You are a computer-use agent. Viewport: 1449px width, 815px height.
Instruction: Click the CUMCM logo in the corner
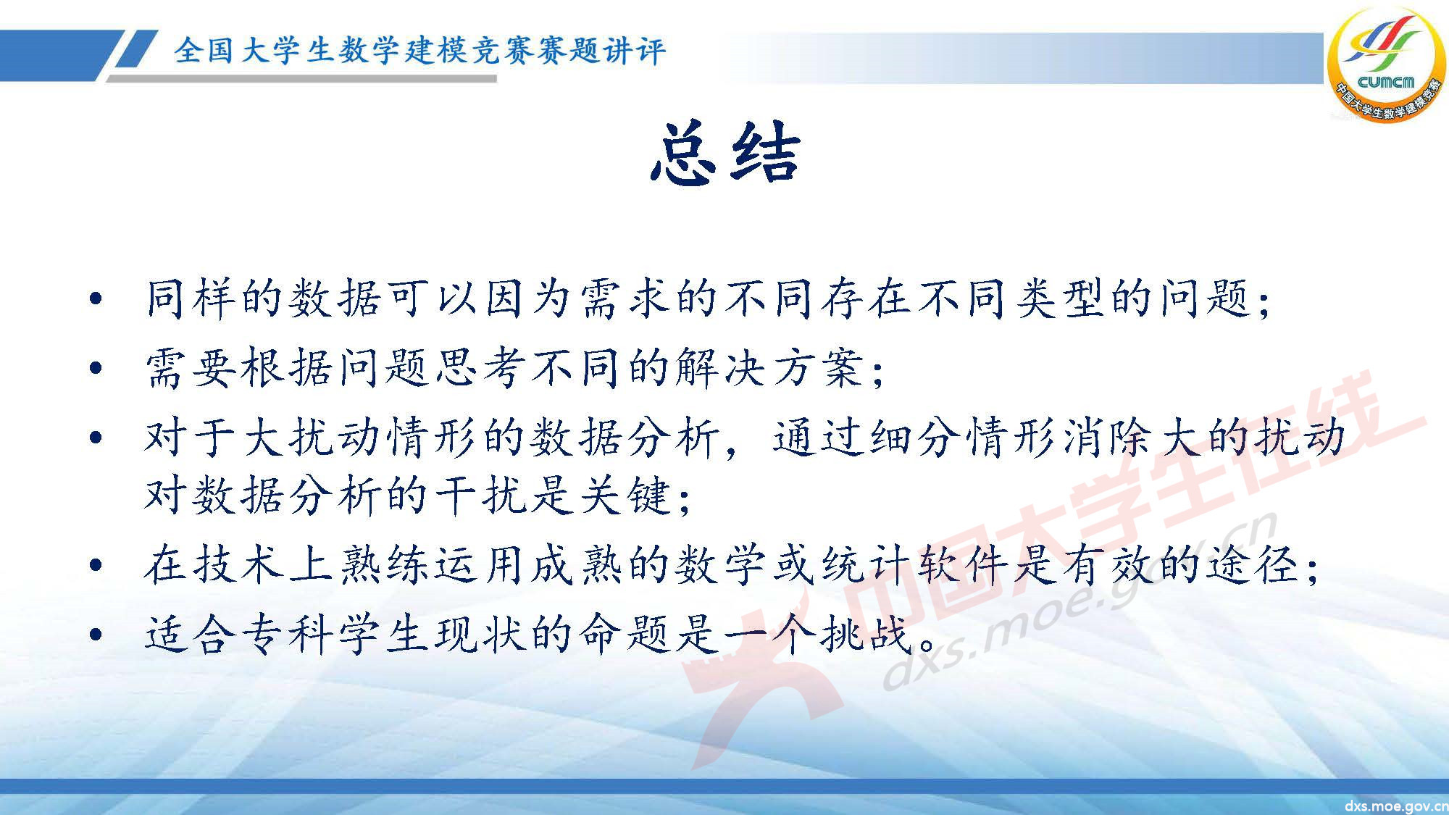point(1385,65)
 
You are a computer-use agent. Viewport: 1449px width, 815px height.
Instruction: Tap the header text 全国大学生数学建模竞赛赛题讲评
point(419,51)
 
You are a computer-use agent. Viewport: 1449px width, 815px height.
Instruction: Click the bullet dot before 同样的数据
point(95,299)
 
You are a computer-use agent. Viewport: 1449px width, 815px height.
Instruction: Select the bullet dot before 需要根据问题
point(95,369)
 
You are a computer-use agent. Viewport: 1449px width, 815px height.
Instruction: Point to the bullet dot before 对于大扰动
point(95,438)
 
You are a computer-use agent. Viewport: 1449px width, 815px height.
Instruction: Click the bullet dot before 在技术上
point(95,565)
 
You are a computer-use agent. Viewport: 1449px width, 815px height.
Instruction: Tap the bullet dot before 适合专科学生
point(95,635)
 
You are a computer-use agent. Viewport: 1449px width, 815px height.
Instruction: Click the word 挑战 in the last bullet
point(866,635)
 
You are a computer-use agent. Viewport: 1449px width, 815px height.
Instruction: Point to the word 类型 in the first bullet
point(1061,298)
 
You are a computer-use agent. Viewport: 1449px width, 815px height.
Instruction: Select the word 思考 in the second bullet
point(479,368)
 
